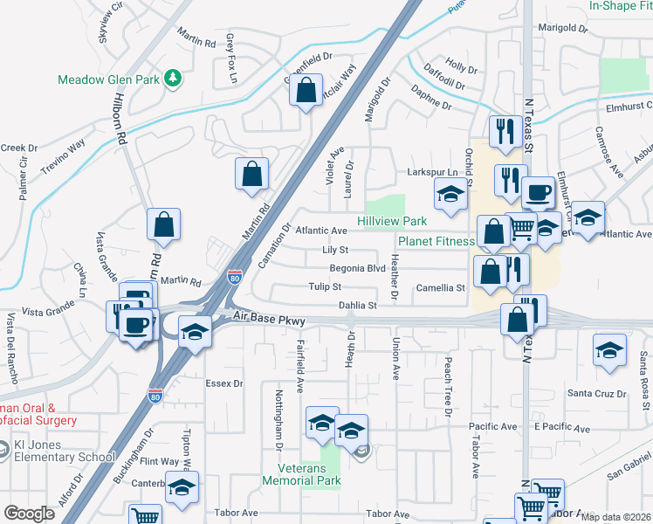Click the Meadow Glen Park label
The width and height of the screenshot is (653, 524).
tap(108, 79)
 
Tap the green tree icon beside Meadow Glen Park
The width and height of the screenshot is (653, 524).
tap(174, 79)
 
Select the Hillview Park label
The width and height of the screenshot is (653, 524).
tap(392, 222)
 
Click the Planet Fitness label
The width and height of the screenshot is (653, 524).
tap(436, 241)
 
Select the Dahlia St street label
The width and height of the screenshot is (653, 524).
tap(357, 306)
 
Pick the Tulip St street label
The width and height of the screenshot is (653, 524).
tap(324, 286)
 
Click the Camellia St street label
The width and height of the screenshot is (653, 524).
tap(441, 287)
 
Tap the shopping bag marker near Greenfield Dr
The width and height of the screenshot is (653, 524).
tap(306, 91)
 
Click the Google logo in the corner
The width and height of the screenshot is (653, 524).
tap(29, 514)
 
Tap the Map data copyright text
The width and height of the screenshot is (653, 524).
tap(615, 517)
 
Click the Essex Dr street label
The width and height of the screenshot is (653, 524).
tap(223, 383)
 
